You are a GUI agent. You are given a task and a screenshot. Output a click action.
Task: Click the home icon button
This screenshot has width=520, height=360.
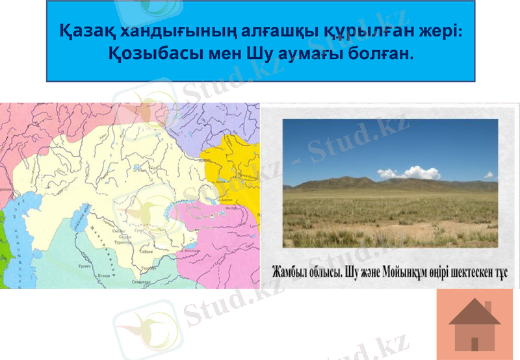point(474,324)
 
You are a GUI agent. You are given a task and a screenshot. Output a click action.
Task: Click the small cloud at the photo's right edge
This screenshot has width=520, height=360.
point(488,175)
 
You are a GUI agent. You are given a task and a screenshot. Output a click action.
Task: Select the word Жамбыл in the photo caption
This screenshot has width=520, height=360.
point(289,271)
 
